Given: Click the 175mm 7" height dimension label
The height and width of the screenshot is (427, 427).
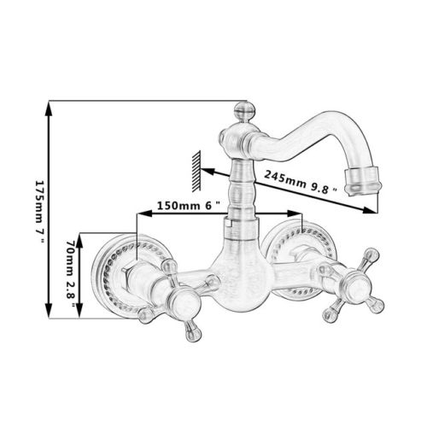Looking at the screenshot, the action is coord(40,211).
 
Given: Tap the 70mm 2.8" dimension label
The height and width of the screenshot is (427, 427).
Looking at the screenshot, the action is coord(71,273).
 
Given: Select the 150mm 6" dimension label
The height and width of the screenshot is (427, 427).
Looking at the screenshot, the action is coord(189,205).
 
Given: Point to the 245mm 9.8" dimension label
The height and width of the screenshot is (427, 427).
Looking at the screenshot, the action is coord(301,182).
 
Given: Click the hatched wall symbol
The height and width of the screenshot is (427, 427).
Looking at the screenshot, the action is coord(196,171).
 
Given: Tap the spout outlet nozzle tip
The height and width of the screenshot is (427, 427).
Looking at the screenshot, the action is coord(362,182).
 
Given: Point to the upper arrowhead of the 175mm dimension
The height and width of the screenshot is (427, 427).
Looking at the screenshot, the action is coord(49,108).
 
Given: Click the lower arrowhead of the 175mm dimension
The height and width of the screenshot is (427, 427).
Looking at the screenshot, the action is coord(49,311).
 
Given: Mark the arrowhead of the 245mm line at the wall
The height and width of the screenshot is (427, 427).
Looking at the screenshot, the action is coord(208,172).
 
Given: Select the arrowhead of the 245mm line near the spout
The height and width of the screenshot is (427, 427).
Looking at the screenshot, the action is coord(370,210).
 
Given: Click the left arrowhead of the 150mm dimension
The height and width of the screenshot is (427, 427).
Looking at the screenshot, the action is coord(144,213).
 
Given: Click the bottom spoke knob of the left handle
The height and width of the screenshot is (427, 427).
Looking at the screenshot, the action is coord(193,330).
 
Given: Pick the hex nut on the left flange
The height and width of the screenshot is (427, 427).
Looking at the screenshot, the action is coord(127,275).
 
